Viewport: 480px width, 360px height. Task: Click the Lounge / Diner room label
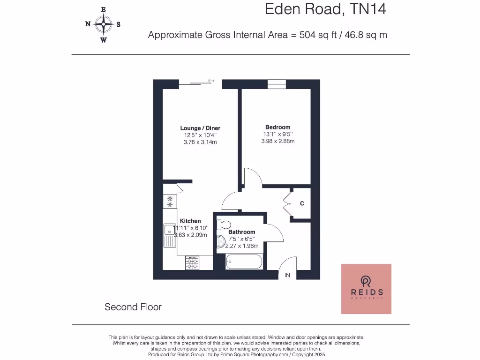pos(200,128)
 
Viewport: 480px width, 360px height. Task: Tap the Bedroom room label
pos(277,127)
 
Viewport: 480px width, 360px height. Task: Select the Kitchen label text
pos(190,221)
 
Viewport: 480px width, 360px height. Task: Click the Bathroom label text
pos(241,232)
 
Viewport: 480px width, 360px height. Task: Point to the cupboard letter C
pos(302,203)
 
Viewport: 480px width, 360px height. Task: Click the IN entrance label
pos(287,275)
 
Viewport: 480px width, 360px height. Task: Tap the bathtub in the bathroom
pos(244,262)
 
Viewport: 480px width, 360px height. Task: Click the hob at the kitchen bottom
pos(192,262)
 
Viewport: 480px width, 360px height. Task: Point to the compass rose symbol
pos(103,24)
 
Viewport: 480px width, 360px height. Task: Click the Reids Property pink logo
pos(366,289)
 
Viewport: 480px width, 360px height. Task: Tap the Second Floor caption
pos(133,307)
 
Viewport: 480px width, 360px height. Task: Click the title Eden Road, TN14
pos(325,9)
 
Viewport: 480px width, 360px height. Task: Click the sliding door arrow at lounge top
pos(211,81)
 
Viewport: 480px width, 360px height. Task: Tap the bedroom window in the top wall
pos(277,84)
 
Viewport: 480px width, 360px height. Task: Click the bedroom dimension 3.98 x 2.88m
pos(277,141)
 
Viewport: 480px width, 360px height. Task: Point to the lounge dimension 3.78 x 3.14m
pos(200,142)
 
